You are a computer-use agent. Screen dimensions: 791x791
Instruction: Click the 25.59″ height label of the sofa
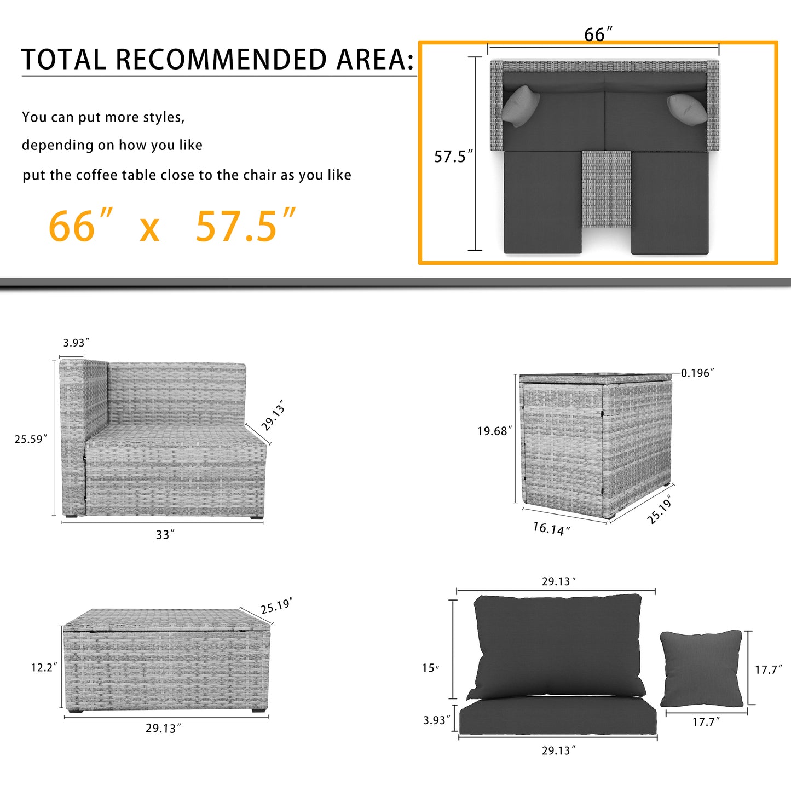(x=31, y=439)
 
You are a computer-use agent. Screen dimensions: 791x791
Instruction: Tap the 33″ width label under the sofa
(x=165, y=535)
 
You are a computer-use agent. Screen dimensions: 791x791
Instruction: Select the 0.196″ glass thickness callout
(x=698, y=373)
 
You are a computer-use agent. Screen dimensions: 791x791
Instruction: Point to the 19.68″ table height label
(x=495, y=431)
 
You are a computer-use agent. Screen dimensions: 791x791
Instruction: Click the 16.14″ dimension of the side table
(x=551, y=529)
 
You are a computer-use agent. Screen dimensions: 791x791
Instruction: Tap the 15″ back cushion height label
(x=431, y=668)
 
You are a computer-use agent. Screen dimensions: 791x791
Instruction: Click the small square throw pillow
(x=702, y=669)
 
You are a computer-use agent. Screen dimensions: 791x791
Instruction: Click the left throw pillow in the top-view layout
(x=521, y=105)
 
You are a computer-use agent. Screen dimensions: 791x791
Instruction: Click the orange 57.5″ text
(x=245, y=226)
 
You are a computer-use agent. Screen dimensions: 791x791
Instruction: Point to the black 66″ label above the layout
(x=598, y=34)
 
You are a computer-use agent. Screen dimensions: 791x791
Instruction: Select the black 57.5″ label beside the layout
(x=454, y=157)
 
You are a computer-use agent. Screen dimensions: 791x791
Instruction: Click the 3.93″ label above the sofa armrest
(x=76, y=342)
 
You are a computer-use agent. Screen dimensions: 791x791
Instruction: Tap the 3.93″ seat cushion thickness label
(x=437, y=720)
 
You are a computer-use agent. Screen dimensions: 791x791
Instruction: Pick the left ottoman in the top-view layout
(x=542, y=203)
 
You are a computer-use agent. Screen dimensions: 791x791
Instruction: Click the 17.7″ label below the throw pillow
(x=706, y=721)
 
